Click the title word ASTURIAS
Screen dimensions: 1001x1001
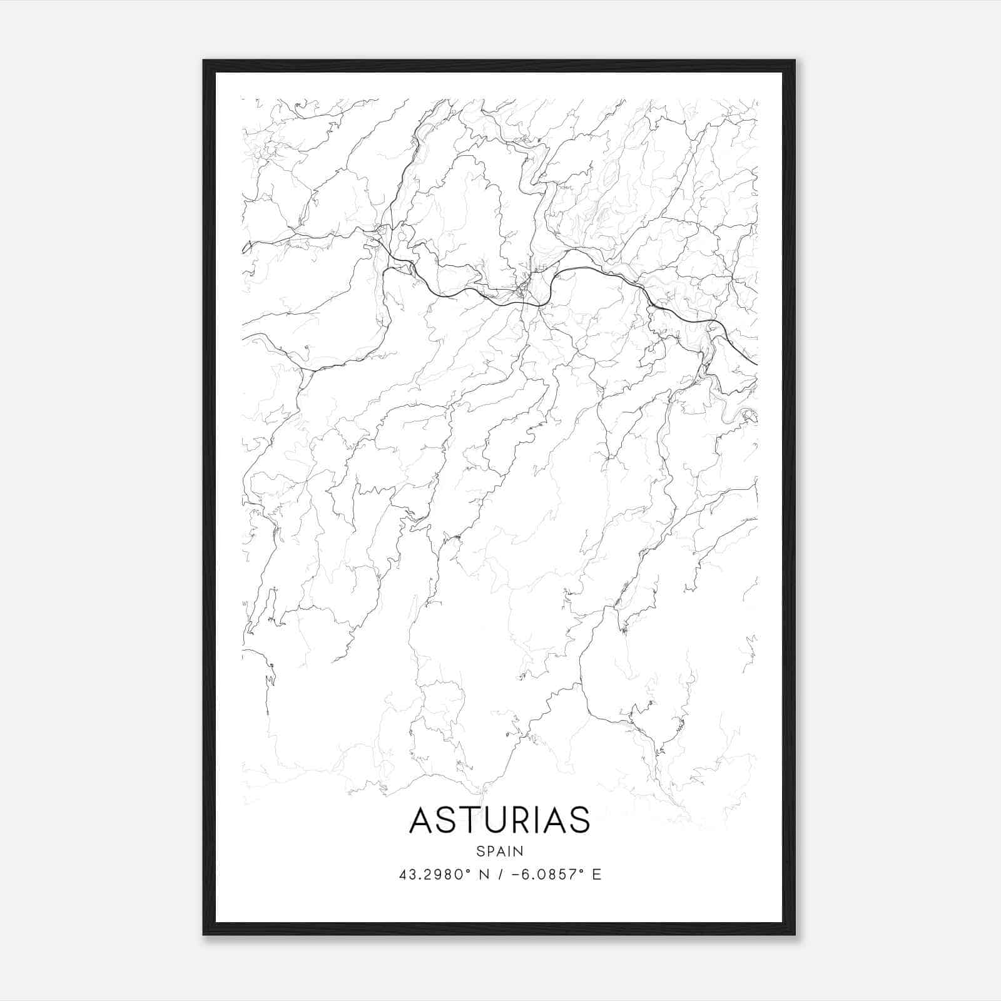[x=499, y=820]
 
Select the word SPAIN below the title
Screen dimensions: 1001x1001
[x=499, y=851]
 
